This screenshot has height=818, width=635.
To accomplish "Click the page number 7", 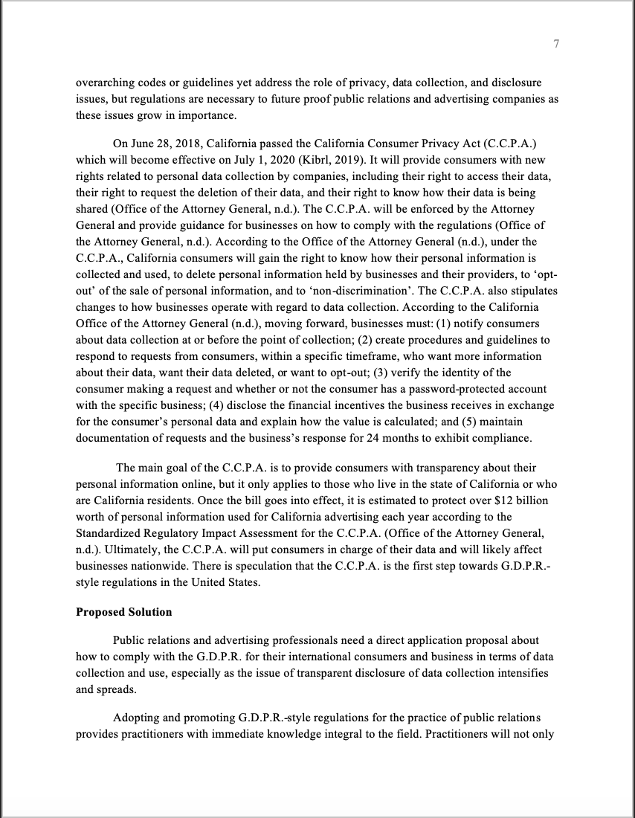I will (556, 45).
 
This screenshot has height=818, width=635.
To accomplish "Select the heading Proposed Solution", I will (123, 612).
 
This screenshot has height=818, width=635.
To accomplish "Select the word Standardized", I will (107, 533).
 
